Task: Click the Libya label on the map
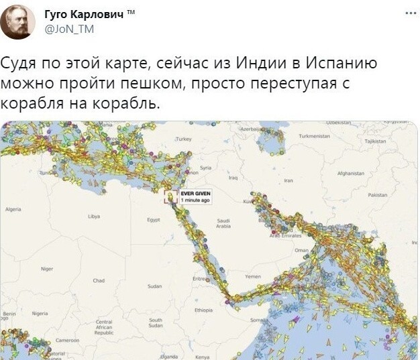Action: [x=94, y=217]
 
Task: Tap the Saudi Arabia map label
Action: [x=224, y=223]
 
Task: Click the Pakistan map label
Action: [x=378, y=194]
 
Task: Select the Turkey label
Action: [x=183, y=139]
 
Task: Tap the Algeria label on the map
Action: [x=13, y=209]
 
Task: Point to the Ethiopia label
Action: [x=203, y=310]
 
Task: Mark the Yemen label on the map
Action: [x=253, y=276]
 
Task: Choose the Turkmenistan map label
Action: [x=314, y=135]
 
